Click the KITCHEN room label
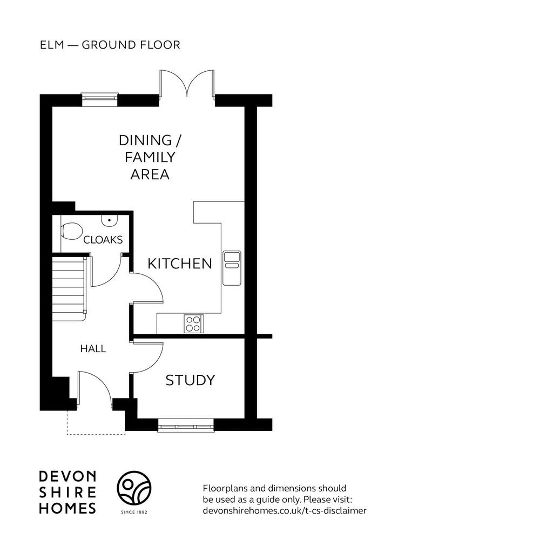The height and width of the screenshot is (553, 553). click(179, 264)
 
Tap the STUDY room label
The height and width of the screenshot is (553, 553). click(190, 380)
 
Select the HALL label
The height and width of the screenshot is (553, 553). click(93, 349)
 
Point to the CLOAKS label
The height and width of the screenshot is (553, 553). click(103, 240)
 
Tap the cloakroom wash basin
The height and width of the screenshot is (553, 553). click(109, 220)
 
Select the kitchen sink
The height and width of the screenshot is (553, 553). click(232, 268)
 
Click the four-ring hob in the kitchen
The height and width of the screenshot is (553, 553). click(194, 324)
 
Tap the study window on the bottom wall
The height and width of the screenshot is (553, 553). click(186, 426)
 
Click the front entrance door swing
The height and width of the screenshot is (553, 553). click(95, 387)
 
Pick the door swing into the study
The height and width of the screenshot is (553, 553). click(147, 357)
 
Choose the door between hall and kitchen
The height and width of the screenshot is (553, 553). click(147, 287)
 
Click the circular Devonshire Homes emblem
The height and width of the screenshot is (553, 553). click(134, 488)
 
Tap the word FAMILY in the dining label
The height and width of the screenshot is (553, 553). click(150, 157)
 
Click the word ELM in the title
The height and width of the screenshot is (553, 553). click(52, 45)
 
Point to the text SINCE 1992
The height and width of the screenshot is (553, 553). click(134, 512)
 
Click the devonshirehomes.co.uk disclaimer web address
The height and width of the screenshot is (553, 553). click(285, 510)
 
